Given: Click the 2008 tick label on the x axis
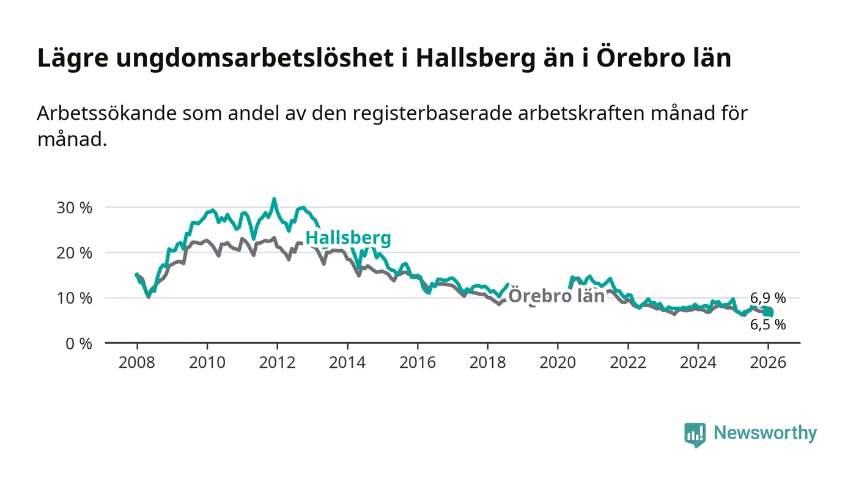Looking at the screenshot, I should pyautogui.click(x=137, y=362).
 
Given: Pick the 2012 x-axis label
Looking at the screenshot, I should pyautogui.click(x=277, y=362).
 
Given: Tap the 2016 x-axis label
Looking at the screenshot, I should pyautogui.click(x=418, y=362).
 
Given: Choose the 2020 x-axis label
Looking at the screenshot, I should pyautogui.click(x=558, y=362).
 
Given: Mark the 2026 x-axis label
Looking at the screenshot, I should pyautogui.click(x=768, y=362).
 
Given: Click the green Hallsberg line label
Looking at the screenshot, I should pyautogui.click(x=348, y=238).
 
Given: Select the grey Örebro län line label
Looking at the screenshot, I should pyautogui.click(x=556, y=296).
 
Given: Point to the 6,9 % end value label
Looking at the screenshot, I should pyautogui.click(x=768, y=298).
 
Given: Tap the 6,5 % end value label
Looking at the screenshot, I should pyautogui.click(x=768, y=325).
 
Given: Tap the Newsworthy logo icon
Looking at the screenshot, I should pyautogui.click(x=695, y=434).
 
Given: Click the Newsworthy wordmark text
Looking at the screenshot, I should pyautogui.click(x=765, y=433).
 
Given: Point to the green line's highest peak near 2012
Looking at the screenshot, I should pyautogui.click(x=274, y=199).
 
